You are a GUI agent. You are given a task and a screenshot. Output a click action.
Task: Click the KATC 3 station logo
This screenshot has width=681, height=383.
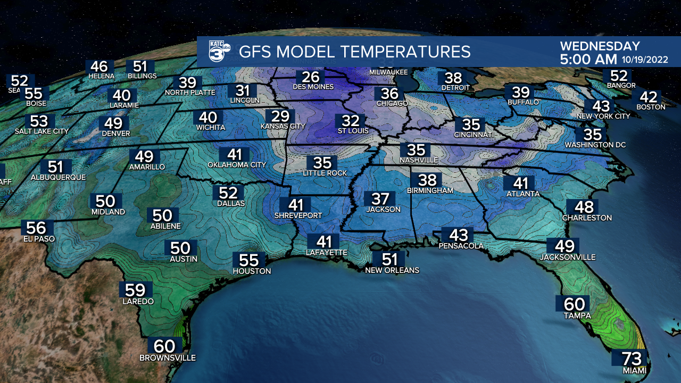(x=219, y=51)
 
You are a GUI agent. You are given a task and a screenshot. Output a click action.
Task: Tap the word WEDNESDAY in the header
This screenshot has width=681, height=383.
(x=600, y=46)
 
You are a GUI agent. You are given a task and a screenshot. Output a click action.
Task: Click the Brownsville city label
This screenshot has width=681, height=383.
(x=168, y=358)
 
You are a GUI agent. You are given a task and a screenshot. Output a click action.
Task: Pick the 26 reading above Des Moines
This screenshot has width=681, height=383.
(x=313, y=77)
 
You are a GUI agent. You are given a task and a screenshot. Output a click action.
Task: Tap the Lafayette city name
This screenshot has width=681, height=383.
(x=327, y=253)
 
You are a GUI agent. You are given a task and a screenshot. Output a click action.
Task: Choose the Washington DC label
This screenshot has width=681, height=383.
(x=595, y=145)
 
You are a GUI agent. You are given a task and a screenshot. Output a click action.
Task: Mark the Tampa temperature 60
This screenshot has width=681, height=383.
(x=574, y=304)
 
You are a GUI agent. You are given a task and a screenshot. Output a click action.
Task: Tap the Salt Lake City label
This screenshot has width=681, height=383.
(x=42, y=131)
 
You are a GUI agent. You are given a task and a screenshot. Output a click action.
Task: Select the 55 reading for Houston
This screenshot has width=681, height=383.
(x=249, y=260)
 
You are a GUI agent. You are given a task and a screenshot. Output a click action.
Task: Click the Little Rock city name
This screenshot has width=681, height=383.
(x=325, y=173)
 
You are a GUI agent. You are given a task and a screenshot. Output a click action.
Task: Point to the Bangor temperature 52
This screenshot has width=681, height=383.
(x=619, y=76)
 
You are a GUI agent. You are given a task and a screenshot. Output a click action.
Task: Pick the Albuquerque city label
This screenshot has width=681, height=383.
(x=58, y=177)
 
